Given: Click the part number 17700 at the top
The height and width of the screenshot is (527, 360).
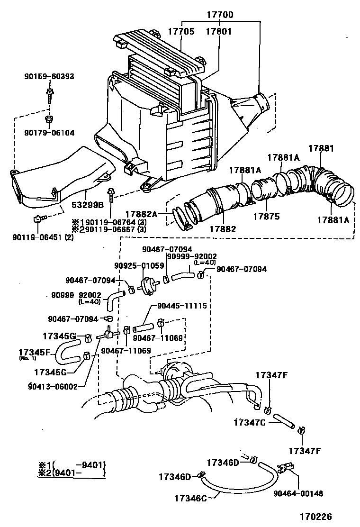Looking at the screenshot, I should (x=220, y=15).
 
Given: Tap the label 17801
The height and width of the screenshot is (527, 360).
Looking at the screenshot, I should (x=219, y=31).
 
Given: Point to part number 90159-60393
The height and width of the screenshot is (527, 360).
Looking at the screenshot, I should (x=50, y=76).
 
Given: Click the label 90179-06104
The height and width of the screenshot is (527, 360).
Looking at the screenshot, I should (x=50, y=133).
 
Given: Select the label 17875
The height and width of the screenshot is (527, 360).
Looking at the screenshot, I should (x=266, y=217).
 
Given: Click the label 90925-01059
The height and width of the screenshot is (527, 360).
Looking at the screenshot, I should (x=133, y=265).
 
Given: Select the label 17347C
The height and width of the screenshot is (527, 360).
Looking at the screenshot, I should (x=250, y=422).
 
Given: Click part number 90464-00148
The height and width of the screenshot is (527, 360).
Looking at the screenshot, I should (x=298, y=493).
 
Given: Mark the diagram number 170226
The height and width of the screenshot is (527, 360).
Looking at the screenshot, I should (x=315, y=517).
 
